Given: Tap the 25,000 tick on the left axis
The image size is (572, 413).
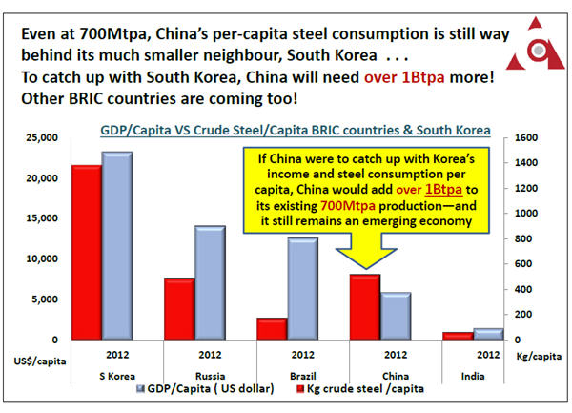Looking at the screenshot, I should [x=43, y=139].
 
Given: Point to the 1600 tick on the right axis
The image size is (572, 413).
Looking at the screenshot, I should [x=527, y=139].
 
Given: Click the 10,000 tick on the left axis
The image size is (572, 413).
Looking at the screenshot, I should [x=43, y=259].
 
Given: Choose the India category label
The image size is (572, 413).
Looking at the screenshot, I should [x=472, y=377].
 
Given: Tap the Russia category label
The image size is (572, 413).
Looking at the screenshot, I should [x=194, y=377].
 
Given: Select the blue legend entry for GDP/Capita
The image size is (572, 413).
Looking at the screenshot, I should [x=206, y=389].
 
